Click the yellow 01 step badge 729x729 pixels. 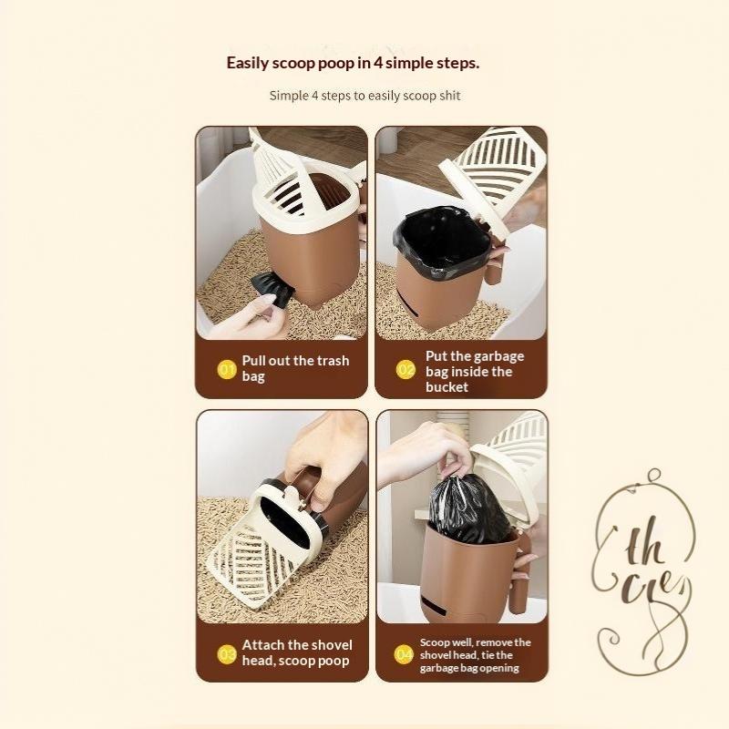[227, 370]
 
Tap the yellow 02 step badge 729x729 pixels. [406, 370]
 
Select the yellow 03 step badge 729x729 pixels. [227, 654]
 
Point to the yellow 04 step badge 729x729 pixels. [404, 654]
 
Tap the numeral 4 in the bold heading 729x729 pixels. [378, 63]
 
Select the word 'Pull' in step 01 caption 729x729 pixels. [253, 360]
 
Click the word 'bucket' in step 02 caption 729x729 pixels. [447, 386]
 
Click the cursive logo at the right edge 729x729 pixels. [643, 571]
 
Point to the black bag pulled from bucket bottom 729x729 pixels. [272, 289]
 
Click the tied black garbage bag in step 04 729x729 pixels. [469, 509]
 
